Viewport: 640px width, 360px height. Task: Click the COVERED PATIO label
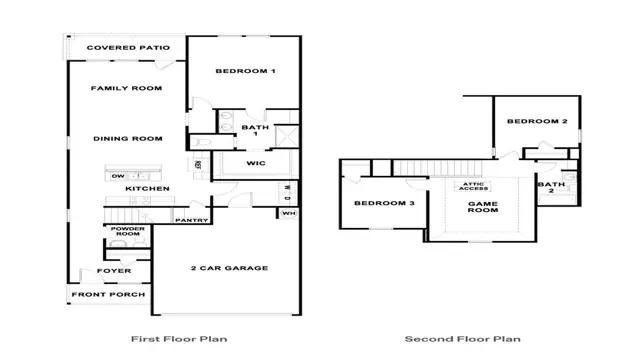[x=127, y=48]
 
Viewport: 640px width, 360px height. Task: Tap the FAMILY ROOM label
[x=126, y=88]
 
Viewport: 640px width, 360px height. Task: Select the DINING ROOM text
[x=127, y=138]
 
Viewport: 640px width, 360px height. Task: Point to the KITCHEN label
[x=147, y=188]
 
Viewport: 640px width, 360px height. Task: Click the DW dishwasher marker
[x=118, y=176]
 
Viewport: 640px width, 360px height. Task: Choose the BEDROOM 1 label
[x=246, y=71]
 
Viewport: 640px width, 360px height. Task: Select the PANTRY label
[x=190, y=220]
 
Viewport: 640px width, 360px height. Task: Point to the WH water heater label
[x=288, y=213]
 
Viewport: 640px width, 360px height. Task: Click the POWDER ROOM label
[x=128, y=232]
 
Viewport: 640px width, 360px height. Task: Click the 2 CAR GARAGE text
[x=229, y=268]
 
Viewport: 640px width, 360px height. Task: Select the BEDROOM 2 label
[x=536, y=121]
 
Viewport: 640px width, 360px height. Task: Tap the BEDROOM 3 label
[x=384, y=203]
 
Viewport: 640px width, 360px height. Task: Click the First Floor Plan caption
[x=178, y=339]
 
